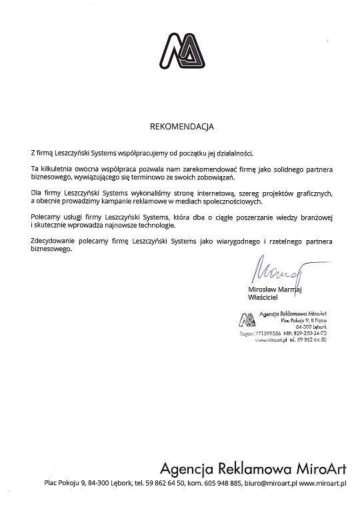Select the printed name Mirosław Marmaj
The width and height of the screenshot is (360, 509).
click(275, 291)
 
